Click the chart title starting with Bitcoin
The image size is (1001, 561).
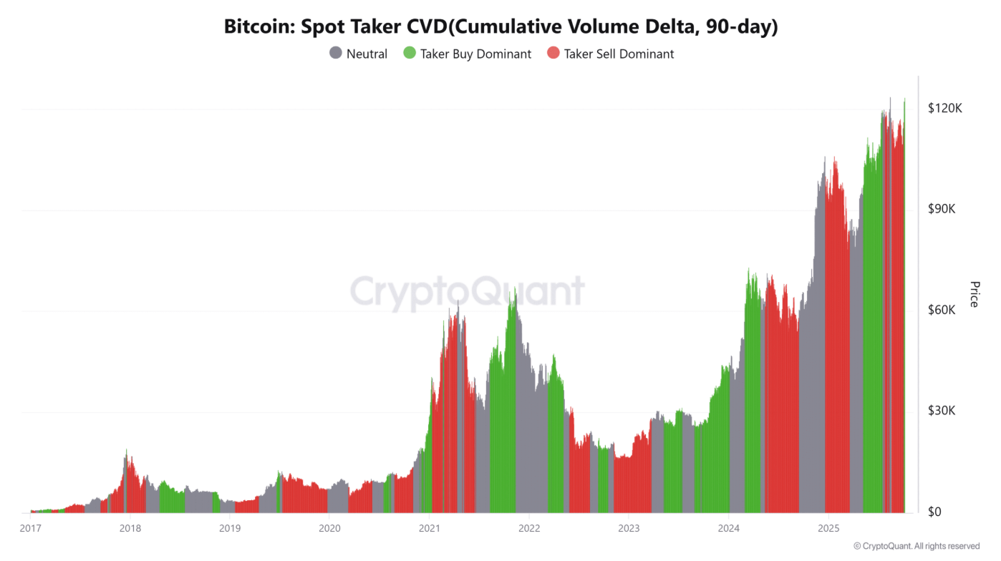pyautogui.click(x=500, y=26)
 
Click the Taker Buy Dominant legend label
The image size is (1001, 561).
pyautogui.click(x=475, y=54)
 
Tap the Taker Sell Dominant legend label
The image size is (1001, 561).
pyautogui.click(x=619, y=54)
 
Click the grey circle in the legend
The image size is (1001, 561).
pyautogui.click(x=336, y=53)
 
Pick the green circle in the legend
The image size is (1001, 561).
pyautogui.click(x=410, y=53)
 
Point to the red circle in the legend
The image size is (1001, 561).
pyautogui.click(x=553, y=53)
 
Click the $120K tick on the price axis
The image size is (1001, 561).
pyautogui.click(x=944, y=108)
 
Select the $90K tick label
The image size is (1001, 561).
pyautogui.click(x=942, y=209)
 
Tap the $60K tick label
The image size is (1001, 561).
pyautogui.click(x=942, y=310)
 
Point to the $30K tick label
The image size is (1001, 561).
pyautogui.click(x=942, y=411)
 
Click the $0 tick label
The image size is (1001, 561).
pyautogui.click(x=935, y=512)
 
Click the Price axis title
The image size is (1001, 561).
pyautogui.click(x=974, y=294)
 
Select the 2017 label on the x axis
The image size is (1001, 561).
pyautogui.click(x=30, y=529)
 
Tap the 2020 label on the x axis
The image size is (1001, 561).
pyautogui.click(x=329, y=529)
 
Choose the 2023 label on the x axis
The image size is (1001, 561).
pyautogui.click(x=628, y=529)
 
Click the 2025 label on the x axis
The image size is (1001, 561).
pyautogui.click(x=828, y=529)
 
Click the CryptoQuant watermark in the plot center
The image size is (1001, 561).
pyautogui.click(x=467, y=292)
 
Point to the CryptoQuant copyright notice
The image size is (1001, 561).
pyautogui.click(x=917, y=546)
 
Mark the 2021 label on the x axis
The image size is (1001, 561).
pyautogui.click(x=429, y=529)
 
